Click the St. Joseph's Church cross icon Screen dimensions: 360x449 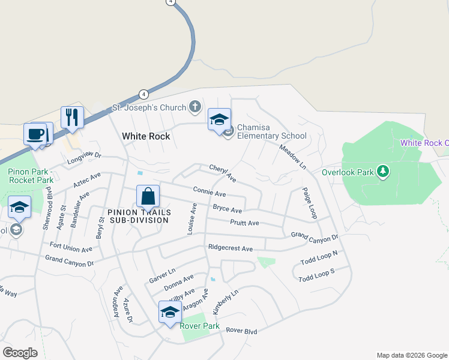194,107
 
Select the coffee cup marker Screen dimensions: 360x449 35,133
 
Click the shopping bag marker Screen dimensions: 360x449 148,196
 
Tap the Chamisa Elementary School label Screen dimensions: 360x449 271,131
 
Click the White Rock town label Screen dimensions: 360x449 146,136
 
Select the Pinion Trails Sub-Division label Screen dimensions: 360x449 139,216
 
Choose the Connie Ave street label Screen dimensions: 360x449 209,193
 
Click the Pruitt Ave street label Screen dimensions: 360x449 244,223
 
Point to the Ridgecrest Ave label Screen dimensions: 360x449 230,248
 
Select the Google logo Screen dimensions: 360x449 20,353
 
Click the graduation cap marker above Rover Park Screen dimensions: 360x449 170,312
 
